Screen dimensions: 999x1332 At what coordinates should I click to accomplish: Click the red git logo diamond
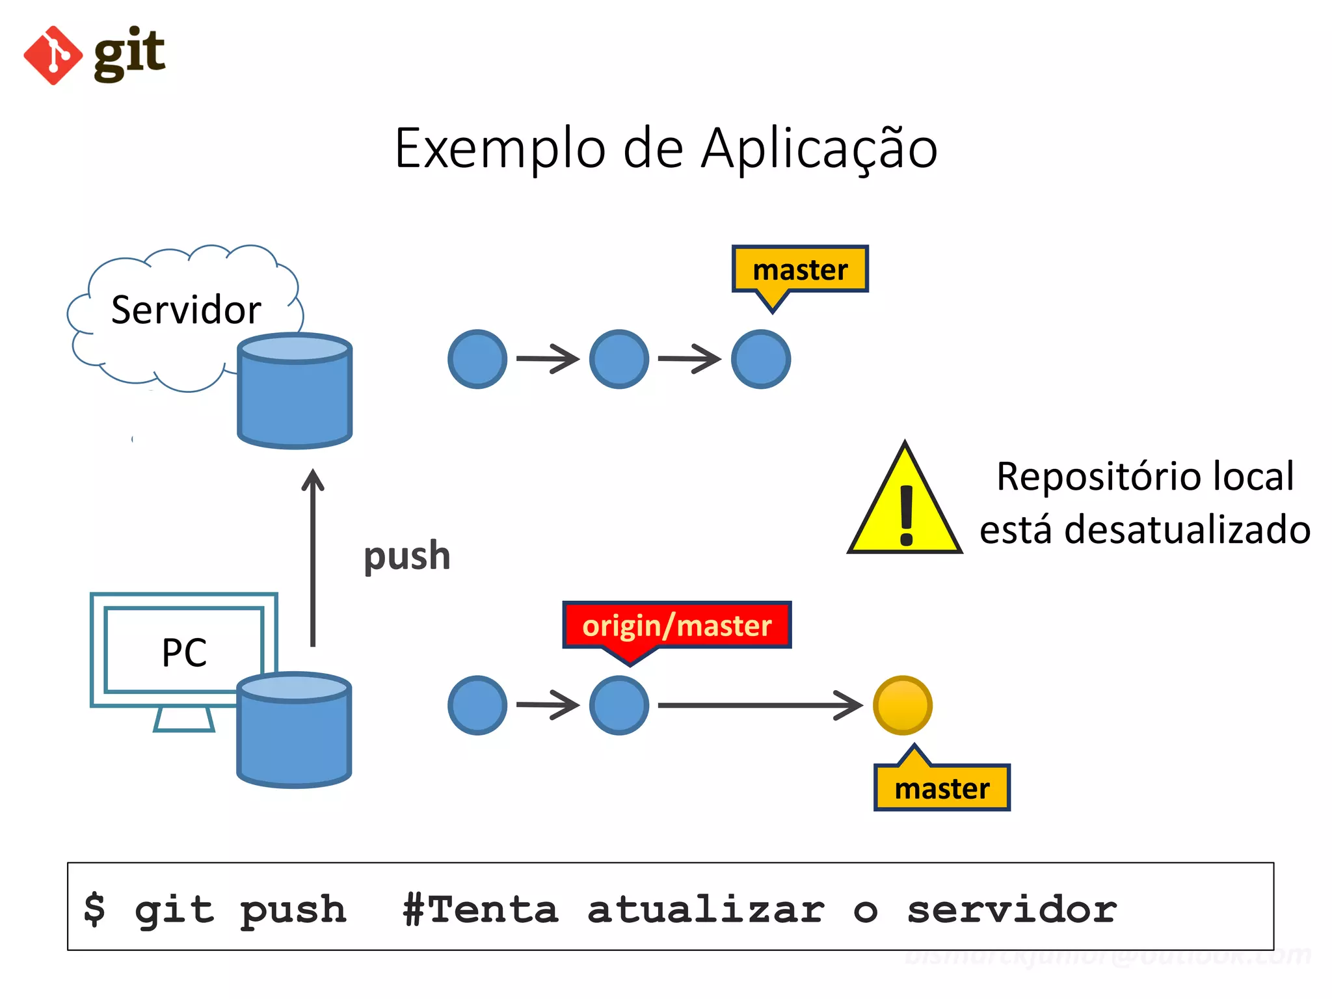coord(53,55)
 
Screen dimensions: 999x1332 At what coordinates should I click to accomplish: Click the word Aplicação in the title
coord(819,148)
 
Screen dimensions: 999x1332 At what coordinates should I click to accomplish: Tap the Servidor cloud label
coord(186,310)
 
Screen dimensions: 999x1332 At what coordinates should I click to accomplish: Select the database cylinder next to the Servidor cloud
coord(295,392)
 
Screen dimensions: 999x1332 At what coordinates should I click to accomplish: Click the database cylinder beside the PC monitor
coord(294,730)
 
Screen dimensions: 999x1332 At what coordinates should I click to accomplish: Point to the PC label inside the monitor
coord(184,652)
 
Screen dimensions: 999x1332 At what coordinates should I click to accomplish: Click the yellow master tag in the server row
coord(800,270)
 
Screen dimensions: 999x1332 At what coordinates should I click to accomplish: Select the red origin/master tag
coord(676,626)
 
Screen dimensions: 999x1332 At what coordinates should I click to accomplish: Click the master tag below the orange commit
coord(942,788)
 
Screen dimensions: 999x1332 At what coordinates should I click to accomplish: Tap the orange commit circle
coord(902,706)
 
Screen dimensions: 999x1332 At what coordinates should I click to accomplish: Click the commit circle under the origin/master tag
coord(619,706)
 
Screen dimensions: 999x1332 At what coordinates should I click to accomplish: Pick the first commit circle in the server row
coord(477,359)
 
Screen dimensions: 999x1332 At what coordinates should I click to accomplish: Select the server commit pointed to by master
coord(760,359)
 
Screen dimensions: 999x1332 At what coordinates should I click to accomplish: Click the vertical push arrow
coord(313,559)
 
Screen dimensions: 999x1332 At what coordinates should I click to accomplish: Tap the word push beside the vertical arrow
coord(406,557)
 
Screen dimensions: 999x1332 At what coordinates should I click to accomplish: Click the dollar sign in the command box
coord(95,909)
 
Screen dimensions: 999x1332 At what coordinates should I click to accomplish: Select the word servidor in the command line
coord(1011,909)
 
